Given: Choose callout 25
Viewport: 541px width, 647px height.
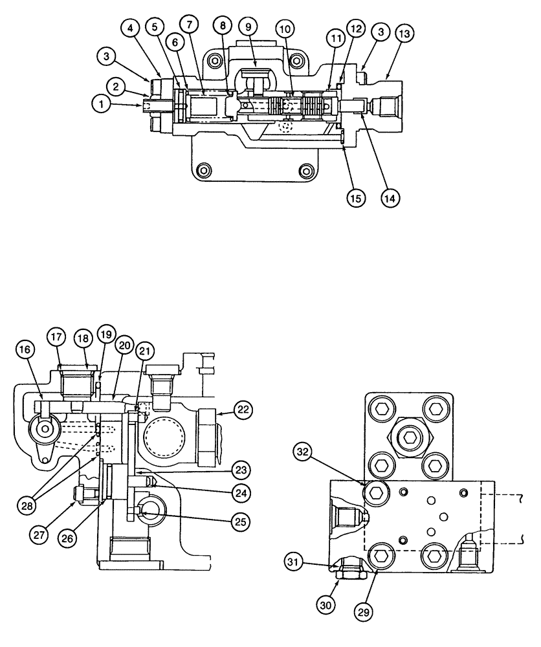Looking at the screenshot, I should point(241,520).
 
